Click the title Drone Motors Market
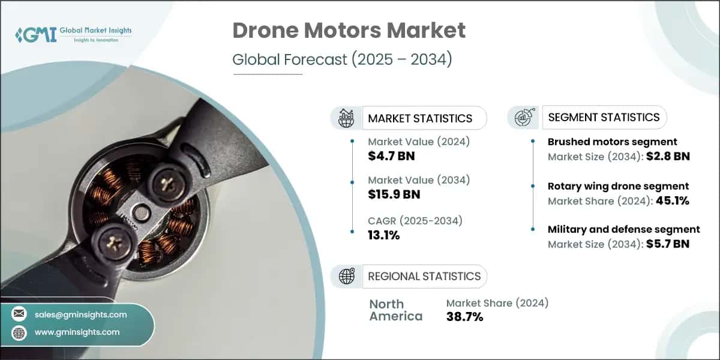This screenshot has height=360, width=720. [349, 30]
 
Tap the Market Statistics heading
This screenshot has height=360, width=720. [420, 118]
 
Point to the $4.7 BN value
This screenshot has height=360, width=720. [391, 157]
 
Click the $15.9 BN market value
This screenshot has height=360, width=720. [394, 194]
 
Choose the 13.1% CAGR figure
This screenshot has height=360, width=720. [384, 235]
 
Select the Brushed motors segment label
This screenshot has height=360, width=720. [612, 142]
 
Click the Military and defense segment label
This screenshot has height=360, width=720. [623, 229]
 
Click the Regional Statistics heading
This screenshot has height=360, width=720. [424, 276]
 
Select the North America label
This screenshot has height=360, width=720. [395, 310]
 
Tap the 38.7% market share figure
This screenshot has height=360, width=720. [465, 317]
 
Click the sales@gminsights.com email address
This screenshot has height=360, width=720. [80, 314]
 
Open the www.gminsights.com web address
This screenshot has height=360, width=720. [77, 332]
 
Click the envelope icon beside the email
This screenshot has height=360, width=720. [19, 314]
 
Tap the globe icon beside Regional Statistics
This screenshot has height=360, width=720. [347, 276]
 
